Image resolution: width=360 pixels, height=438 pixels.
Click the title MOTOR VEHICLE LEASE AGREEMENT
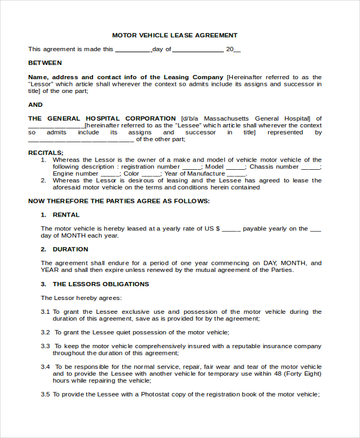[x=175, y=35]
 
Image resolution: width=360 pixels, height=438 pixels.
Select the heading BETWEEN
[x=45, y=62]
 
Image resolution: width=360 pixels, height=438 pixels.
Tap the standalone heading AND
[x=35, y=104]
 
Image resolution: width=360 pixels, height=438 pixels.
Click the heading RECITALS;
[x=46, y=153]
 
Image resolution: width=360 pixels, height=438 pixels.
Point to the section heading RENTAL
[x=66, y=215]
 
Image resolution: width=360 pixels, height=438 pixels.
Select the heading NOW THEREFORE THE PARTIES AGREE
[x=119, y=201]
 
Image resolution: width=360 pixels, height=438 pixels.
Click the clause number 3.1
[x=45, y=312]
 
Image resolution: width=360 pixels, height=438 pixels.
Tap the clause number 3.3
[x=45, y=346]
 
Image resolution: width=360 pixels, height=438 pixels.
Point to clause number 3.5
[x=45, y=394]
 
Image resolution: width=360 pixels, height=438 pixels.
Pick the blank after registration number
[x=191, y=167]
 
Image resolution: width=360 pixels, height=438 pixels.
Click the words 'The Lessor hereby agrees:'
[x=81, y=298]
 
